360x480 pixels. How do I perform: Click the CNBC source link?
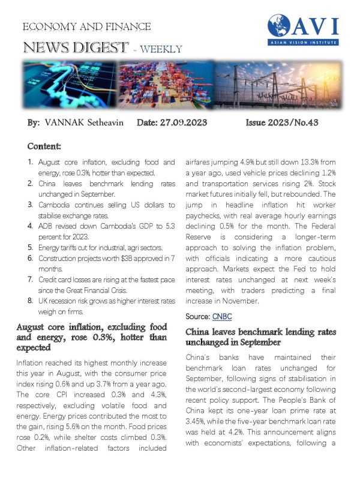(220, 316)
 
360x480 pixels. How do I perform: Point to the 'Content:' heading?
(47, 146)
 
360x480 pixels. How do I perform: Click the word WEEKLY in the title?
(161, 49)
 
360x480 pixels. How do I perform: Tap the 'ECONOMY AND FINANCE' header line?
(86, 27)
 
